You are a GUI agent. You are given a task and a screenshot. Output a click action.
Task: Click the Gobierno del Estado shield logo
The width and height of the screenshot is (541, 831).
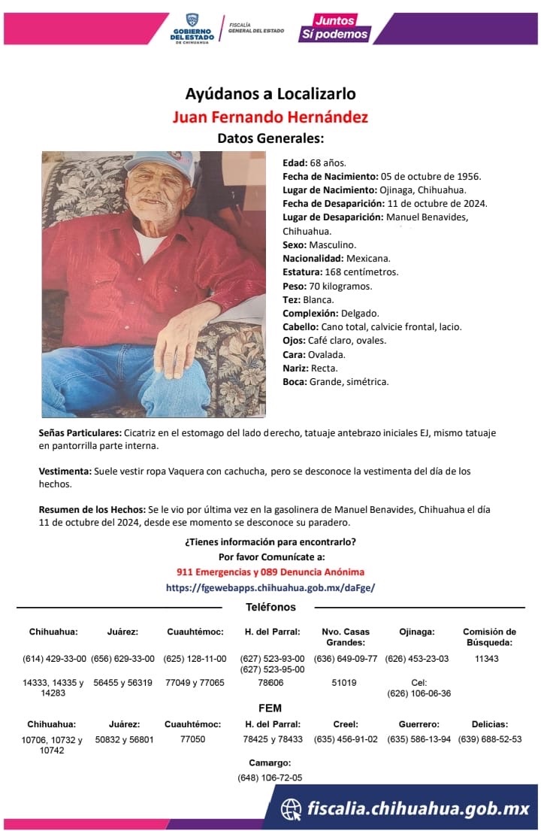192,20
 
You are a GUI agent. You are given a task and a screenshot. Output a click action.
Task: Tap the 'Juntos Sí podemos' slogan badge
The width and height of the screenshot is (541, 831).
334,28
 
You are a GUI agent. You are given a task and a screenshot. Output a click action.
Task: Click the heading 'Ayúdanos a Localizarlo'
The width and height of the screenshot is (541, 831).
270,94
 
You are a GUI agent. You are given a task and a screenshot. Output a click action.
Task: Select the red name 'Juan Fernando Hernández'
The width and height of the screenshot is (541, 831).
270,117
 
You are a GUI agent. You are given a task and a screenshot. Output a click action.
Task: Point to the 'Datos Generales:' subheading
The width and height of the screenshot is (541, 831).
270,138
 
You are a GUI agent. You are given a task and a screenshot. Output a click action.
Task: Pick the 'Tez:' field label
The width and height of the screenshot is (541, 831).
292,299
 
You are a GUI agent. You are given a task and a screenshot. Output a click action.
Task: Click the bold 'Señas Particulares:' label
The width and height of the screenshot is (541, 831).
80,433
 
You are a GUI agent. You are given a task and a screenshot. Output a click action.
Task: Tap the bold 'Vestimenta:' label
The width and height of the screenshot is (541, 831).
65,471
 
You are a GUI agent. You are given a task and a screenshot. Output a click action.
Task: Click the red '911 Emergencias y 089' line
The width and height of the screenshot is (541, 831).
270,572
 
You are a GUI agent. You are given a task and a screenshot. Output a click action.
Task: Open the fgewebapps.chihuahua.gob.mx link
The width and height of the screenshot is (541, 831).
270,587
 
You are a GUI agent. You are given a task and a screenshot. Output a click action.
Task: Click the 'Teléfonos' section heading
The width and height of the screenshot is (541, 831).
270,607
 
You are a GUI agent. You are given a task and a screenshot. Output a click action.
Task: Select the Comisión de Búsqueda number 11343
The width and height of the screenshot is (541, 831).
488,659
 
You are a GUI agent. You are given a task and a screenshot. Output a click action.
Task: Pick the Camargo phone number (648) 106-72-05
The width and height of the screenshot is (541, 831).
270,778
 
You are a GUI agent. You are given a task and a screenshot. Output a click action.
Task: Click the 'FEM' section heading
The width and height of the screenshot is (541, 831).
270,708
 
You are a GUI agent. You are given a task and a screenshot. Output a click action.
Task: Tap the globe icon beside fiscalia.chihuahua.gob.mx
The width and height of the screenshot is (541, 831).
292,809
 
